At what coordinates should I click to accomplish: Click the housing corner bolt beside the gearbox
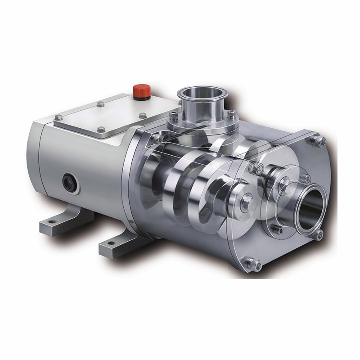pos(156,138)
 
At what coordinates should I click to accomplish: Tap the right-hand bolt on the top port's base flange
pos(231,114)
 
